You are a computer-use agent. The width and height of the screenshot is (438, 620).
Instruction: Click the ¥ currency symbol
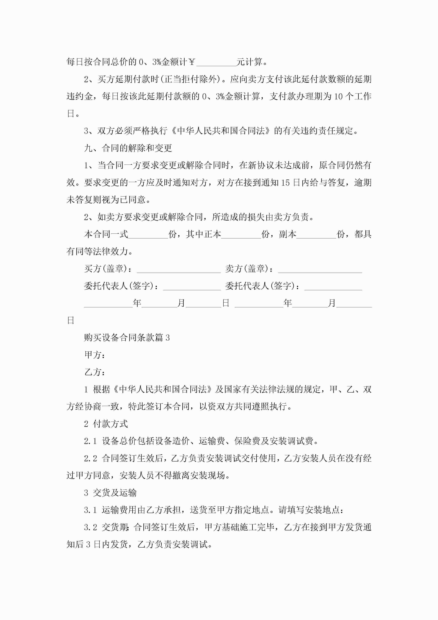(x=192, y=62)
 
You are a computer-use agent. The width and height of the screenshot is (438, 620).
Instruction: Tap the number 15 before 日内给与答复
(x=285, y=183)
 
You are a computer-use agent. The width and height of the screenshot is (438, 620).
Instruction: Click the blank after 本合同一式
(x=148, y=236)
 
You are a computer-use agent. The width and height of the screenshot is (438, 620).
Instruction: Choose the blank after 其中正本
(x=241, y=236)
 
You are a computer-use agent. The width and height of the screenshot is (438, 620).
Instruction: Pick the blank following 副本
(x=316, y=236)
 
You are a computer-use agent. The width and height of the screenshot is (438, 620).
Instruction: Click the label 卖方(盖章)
(x=247, y=269)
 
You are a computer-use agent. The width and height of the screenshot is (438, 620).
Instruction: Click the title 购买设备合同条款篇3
(x=127, y=338)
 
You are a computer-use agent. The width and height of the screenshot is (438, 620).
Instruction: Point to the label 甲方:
(x=95, y=355)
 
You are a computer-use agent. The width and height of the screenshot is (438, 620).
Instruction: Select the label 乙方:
(x=95, y=372)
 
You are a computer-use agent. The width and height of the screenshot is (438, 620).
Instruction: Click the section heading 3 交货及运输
(x=110, y=493)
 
